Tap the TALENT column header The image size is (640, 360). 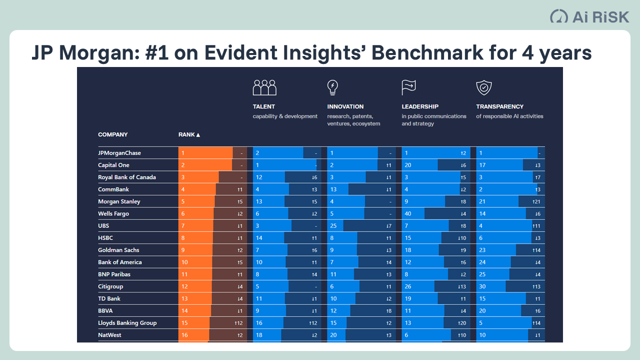(x=264, y=106)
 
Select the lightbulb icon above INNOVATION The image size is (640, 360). (x=332, y=87)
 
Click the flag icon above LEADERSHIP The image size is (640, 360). (x=408, y=87)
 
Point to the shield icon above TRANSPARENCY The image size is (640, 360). (x=483, y=87)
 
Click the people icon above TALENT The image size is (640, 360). (x=264, y=87)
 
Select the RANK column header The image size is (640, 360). (x=189, y=134)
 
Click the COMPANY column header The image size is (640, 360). (x=113, y=134)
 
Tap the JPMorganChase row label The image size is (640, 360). (x=120, y=153)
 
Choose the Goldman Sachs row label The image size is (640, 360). (x=118, y=250)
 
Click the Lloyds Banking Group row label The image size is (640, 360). (x=127, y=323)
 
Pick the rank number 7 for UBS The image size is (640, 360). (x=183, y=226)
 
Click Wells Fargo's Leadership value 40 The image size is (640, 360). (x=408, y=213)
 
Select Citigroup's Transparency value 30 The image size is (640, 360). (x=482, y=286)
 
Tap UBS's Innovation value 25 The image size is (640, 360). (x=333, y=226)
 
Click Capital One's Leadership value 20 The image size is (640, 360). (x=408, y=165)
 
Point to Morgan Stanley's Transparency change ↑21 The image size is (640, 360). (x=536, y=201)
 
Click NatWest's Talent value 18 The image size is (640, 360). (x=259, y=335)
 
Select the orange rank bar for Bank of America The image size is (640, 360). (x=195, y=262)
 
